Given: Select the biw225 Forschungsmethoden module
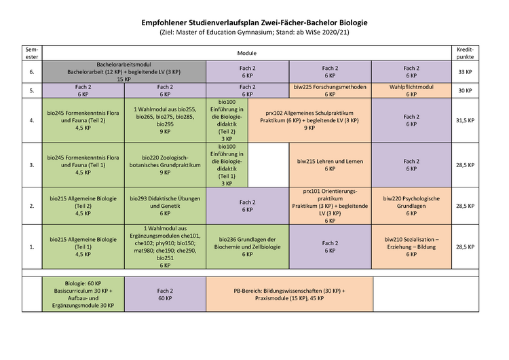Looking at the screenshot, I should [330, 91].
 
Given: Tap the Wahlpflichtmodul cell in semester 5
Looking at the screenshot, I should [411, 91].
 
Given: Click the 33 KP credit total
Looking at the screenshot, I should [465, 71].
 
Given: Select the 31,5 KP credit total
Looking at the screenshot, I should [465, 120].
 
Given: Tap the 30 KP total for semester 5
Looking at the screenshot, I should [465, 91].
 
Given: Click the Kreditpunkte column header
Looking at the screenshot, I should [465, 52].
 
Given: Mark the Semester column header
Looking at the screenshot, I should [32, 52].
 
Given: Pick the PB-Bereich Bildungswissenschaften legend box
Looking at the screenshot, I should [289, 294].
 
